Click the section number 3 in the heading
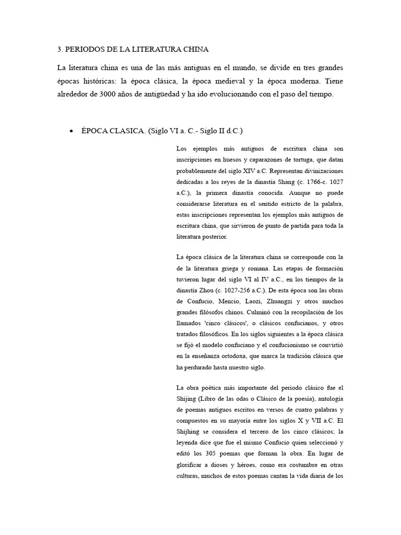(58, 50)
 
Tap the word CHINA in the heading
(194, 50)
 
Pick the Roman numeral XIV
(257, 171)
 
